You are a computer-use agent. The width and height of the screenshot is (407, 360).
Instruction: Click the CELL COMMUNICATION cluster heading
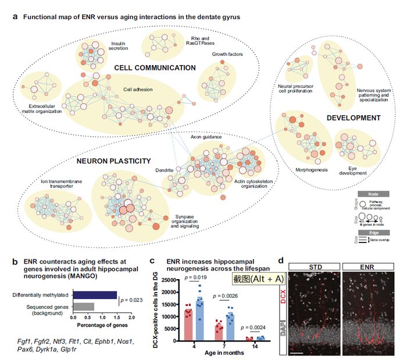[x=155, y=68]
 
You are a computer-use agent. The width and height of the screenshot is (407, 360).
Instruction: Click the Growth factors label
[x=227, y=54]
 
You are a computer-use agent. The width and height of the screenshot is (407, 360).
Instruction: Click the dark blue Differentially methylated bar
[x=94, y=295]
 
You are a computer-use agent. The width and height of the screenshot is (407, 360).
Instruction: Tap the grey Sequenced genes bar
[x=83, y=306]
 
